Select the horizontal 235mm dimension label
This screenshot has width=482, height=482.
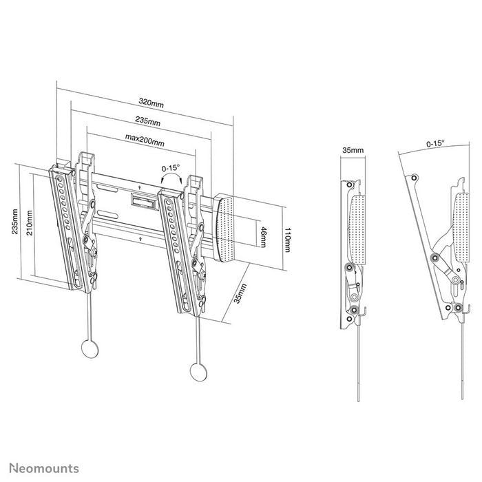point(148,122)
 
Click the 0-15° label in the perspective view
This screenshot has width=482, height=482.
point(170,167)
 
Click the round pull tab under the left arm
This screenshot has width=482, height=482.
point(90,348)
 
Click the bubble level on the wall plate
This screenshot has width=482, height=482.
point(142,200)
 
